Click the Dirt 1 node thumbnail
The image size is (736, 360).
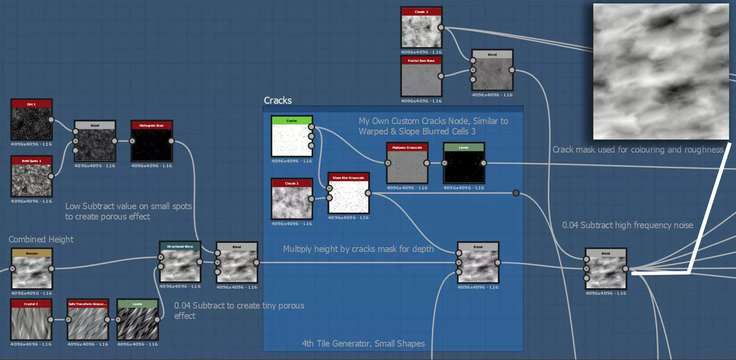coord(32,124)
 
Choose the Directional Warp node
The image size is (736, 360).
coord(180,264)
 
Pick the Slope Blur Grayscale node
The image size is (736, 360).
coord(348,196)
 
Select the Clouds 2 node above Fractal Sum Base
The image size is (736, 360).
coord(421,31)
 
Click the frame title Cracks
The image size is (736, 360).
coord(278,100)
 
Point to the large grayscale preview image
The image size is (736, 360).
coord(661,71)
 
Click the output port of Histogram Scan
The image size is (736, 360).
coord(171,141)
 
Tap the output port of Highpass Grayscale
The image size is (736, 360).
coord(427,163)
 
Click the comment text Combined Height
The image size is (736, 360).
coord(41,239)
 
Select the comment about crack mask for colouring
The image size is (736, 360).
coord(638,150)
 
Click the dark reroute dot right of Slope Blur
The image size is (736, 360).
coord(516,193)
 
